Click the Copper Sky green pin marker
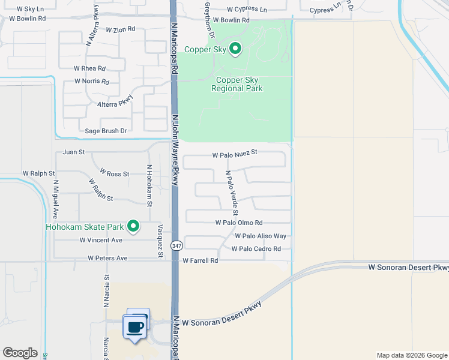235,49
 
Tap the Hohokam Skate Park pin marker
133,227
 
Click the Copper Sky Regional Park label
237,84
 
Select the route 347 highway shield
176,246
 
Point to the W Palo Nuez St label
234,154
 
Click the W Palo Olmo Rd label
239,223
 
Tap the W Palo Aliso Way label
260,236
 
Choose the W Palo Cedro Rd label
256,248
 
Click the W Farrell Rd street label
200,261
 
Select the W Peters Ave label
107,259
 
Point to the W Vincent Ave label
101,240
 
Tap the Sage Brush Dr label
106,131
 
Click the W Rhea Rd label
89,68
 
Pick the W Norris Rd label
92,81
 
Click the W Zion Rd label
120,29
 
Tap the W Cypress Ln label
247,10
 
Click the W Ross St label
114,174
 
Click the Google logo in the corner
20,353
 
